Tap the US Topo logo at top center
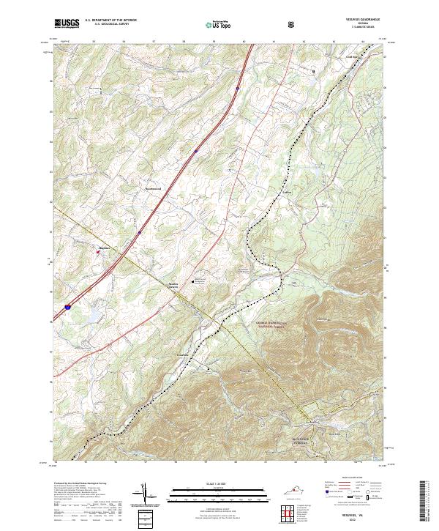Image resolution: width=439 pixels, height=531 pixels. (x=219, y=24)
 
